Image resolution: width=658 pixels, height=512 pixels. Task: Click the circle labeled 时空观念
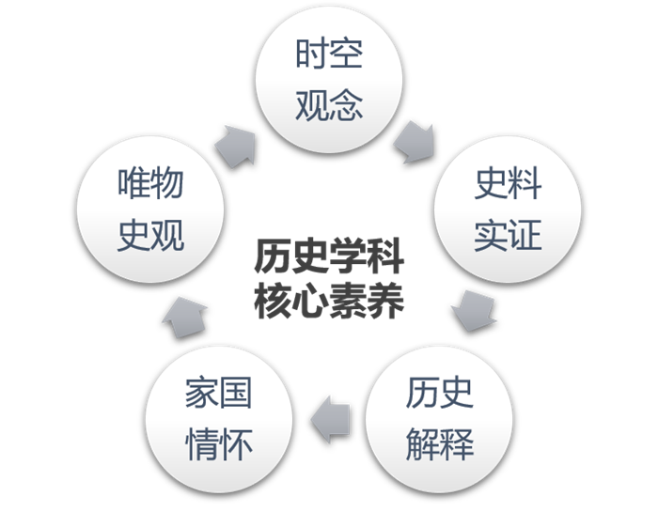pos(329,80)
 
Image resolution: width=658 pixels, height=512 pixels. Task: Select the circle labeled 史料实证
pos(508,210)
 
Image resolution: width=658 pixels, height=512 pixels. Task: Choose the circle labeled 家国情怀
pos(219,418)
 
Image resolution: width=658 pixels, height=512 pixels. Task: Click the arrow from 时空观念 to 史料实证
pos(414,141)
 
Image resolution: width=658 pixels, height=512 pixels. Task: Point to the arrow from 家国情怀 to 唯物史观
pos(185,315)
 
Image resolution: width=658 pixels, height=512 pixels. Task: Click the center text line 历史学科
pos(328,256)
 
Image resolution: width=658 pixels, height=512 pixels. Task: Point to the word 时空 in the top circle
pos(329,55)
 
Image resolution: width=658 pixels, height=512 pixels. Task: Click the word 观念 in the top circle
pos(329,104)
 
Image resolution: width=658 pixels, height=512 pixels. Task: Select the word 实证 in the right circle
pos(508,235)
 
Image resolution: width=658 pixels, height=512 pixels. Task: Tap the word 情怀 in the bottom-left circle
pos(219,443)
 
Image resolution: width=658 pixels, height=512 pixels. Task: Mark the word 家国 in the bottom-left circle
pos(219,394)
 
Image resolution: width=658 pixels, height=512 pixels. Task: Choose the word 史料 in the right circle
pos(508,185)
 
